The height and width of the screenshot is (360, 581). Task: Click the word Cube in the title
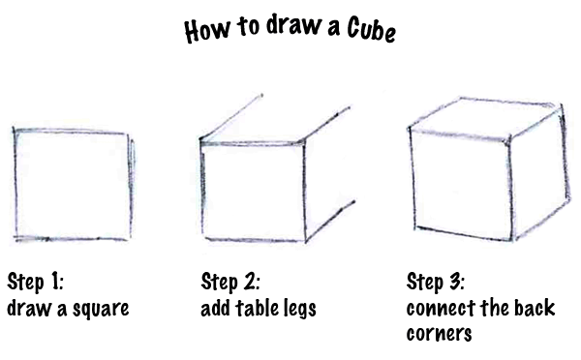(x=372, y=29)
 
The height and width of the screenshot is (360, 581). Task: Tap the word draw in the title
(x=293, y=25)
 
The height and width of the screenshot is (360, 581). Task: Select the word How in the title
(x=207, y=30)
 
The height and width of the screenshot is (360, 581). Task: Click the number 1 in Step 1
(x=57, y=282)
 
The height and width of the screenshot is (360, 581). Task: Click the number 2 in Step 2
(x=253, y=281)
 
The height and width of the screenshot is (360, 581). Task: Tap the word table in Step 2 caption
(x=258, y=308)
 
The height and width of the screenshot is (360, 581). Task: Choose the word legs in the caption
(x=300, y=309)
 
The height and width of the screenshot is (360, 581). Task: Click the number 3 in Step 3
(x=456, y=281)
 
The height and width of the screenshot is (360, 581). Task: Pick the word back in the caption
(x=535, y=308)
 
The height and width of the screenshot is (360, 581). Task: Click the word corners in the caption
(x=439, y=333)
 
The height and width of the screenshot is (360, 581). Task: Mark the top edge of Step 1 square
(x=71, y=131)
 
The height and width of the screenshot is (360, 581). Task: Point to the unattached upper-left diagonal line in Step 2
(x=231, y=117)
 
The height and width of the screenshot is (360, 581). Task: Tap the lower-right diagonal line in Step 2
(x=330, y=222)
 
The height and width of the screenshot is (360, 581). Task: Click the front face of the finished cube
(x=461, y=184)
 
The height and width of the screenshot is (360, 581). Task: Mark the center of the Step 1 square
(x=73, y=185)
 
